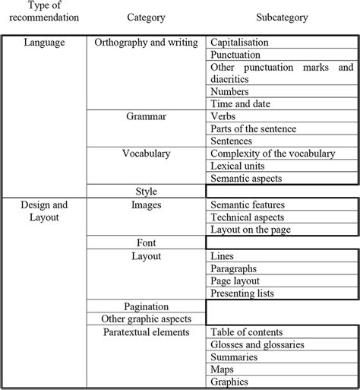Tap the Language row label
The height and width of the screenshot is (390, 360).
(x=43, y=43)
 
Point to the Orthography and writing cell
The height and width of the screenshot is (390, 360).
(x=146, y=43)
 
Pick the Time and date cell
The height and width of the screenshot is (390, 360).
(x=241, y=103)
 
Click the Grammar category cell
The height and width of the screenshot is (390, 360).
(x=147, y=116)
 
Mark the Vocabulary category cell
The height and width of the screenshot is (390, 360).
(x=147, y=154)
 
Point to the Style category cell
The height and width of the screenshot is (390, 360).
(x=147, y=191)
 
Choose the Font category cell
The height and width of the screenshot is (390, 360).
(x=147, y=243)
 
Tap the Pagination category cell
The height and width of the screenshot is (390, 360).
(x=147, y=306)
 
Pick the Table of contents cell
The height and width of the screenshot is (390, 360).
(x=247, y=332)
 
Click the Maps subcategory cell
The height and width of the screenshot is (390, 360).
(x=224, y=369)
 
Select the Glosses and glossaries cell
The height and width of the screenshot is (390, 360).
(x=257, y=344)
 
